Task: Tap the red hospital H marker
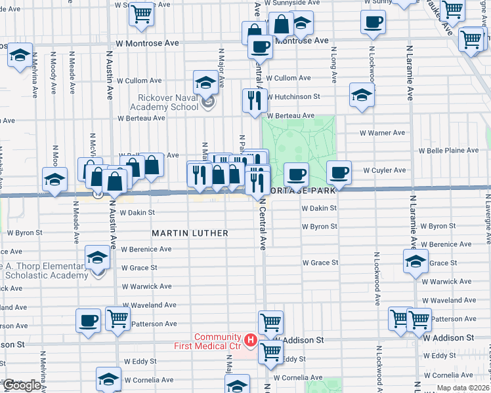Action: pyautogui.click(x=249, y=340)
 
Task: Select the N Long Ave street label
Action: pyautogui.click(x=334, y=65)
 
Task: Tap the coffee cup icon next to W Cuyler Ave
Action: pyautogui.click(x=339, y=172)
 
